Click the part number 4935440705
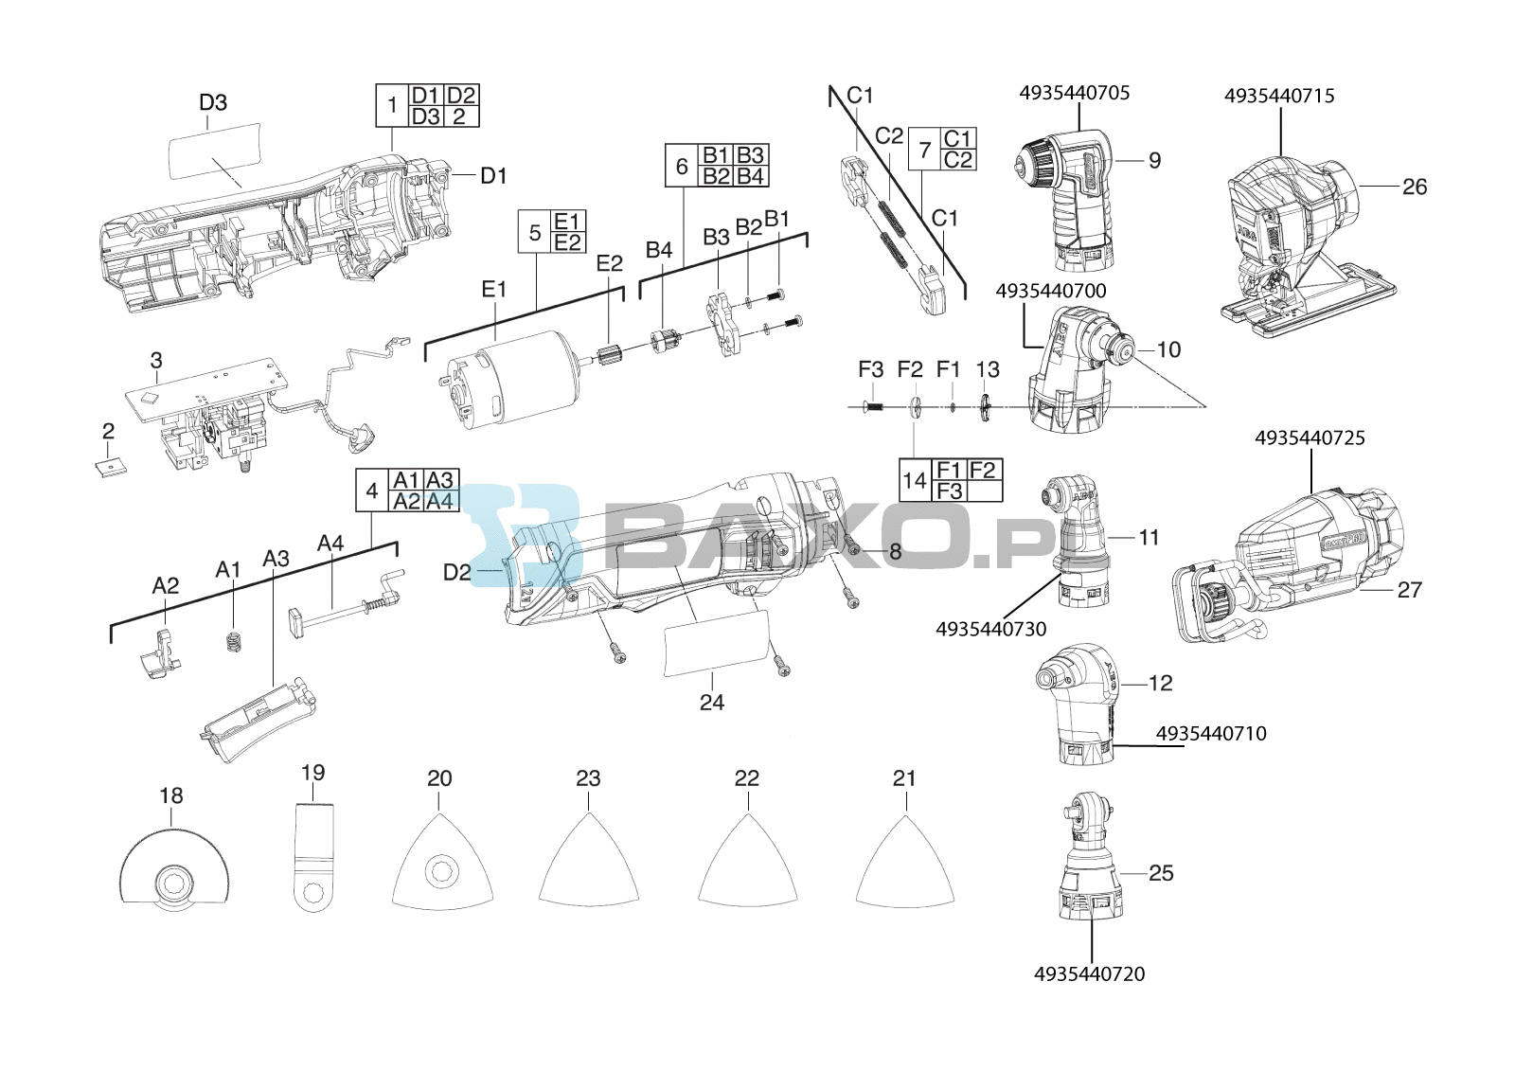(1074, 93)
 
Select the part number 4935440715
(1279, 96)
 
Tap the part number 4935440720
(1089, 973)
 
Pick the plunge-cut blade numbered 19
(314, 857)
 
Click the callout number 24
(711, 703)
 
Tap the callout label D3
(213, 103)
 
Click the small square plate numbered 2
(110, 467)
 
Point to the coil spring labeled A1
(233, 640)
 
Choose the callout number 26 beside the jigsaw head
(1415, 187)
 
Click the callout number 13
(988, 369)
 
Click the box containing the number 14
(915, 480)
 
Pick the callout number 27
(1410, 590)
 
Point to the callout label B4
(659, 250)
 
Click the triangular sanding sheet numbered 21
(905, 859)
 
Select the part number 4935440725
(1310, 437)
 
